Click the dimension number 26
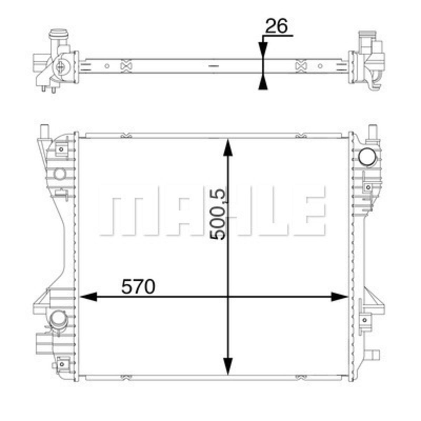276,26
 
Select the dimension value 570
138,286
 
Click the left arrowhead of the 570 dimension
88,297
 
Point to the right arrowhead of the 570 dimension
339,297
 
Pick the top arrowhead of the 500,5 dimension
228,148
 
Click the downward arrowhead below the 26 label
263,51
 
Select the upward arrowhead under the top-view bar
263,81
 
